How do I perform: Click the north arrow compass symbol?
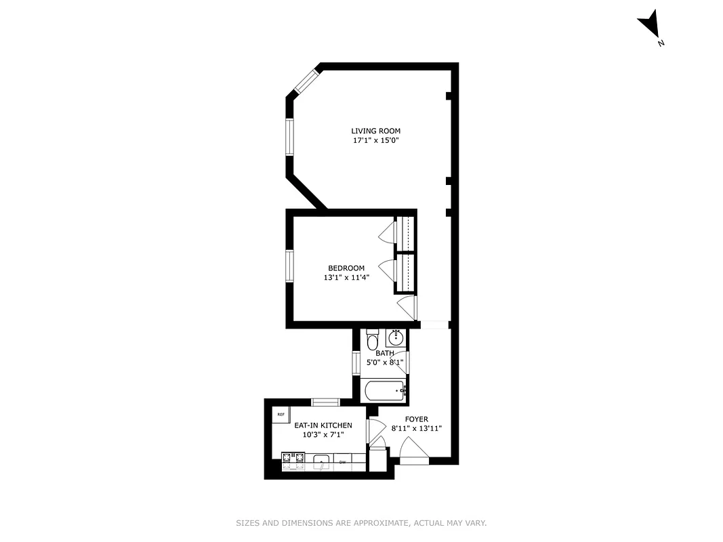(650, 25)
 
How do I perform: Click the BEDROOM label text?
(346, 268)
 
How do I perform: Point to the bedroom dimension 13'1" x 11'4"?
(346, 278)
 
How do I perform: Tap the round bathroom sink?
(395, 337)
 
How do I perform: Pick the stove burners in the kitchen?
(293, 460)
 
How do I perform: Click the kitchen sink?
(322, 462)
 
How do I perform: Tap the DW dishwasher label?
(343, 462)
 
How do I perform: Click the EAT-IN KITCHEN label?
(323, 425)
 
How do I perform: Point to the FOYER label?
(417, 419)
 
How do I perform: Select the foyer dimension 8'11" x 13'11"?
(417, 429)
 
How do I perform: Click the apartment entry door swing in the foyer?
(413, 449)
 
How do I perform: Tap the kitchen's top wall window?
(325, 402)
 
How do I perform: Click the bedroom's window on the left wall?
(289, 265)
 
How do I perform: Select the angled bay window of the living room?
(305, 80)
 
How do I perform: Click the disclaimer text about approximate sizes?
(361, 523)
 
